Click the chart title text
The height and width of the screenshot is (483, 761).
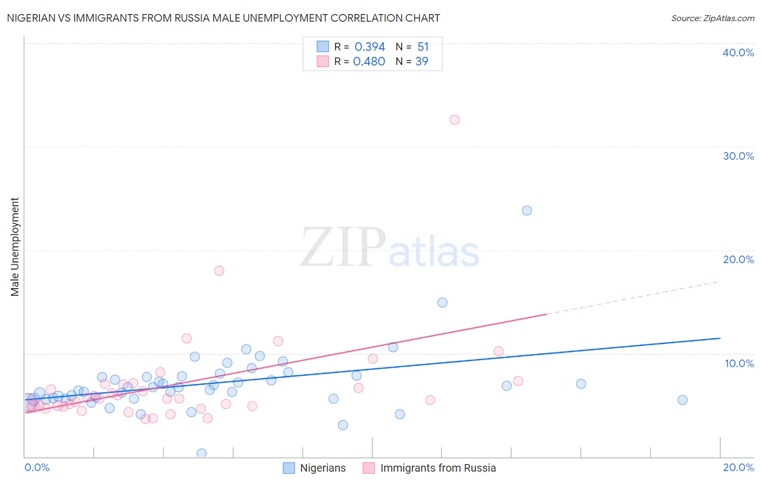[223, 18]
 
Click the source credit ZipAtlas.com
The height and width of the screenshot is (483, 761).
[712, 18]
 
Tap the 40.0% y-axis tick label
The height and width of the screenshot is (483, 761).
[738, 53]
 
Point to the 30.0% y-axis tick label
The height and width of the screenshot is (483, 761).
[738, 156]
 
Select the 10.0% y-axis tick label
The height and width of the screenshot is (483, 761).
[739, 363]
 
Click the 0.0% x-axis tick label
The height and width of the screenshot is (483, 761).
[37, 467]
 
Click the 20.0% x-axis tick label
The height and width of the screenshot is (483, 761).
[738, 467]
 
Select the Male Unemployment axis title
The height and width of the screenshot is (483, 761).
[15, 247]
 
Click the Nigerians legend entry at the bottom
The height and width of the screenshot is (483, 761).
[314, 468]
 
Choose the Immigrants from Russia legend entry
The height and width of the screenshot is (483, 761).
[429, 468]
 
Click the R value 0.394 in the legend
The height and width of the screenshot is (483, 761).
[370, 47]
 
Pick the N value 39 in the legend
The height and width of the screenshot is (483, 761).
[422, 62]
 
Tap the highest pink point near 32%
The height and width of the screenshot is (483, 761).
[455, 120]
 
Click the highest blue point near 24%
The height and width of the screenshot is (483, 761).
[527, 211]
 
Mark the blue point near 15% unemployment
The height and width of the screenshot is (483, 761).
[442, 303]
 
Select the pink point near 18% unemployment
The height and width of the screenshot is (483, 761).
[219, 271]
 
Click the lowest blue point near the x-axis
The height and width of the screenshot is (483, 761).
[201, 453]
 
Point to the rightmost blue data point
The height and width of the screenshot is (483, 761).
[683, 400]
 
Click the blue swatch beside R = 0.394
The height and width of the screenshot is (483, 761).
[323, 47]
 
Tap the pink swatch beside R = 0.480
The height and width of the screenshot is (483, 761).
[323, 61]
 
